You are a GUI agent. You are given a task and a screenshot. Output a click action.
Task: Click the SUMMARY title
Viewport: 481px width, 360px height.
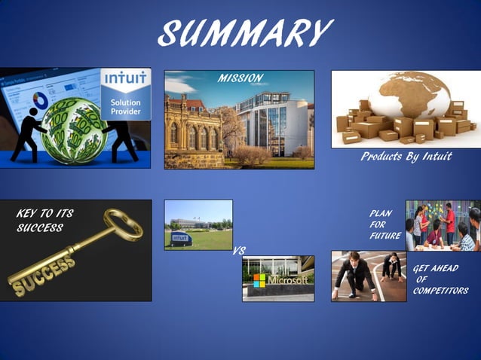(245, 32)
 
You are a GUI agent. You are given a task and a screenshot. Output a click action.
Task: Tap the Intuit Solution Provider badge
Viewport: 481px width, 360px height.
(125, 94)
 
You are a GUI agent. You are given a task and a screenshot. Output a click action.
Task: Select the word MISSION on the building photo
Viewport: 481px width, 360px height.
(240, 78)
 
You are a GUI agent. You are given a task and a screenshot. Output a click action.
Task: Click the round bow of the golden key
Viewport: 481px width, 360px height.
(122, 222)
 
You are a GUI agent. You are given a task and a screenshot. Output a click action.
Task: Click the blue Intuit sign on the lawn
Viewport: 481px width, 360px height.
(179, 239)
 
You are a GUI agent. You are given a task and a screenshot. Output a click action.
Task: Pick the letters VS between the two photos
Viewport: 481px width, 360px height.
(238, 251)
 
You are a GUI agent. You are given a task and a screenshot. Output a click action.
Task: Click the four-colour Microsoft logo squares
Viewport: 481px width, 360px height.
(259, 280)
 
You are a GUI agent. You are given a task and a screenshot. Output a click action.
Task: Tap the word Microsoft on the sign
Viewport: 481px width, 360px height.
(287, 280)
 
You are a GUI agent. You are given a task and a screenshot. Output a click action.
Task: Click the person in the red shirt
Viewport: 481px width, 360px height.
(449, 220)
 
